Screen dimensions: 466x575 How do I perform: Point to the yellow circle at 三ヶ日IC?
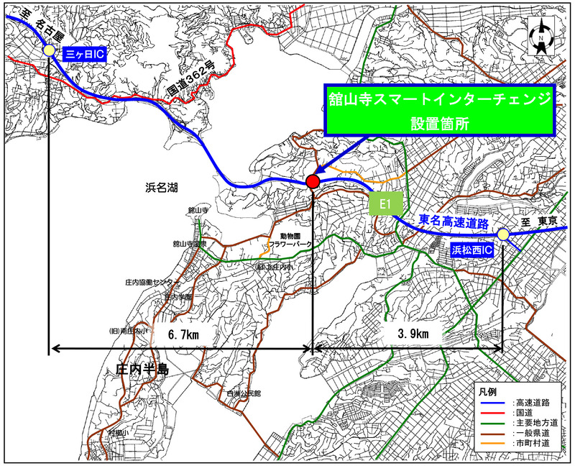pyautogui.click(x=49, y=51)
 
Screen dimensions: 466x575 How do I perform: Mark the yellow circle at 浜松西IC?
pyautogui.click(x=503, y=234)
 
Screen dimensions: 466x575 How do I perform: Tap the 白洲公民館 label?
pyautogui.click(x=242, y=394)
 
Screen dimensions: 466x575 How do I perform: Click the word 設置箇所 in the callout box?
pyautogui.click(x=439, y=122)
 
